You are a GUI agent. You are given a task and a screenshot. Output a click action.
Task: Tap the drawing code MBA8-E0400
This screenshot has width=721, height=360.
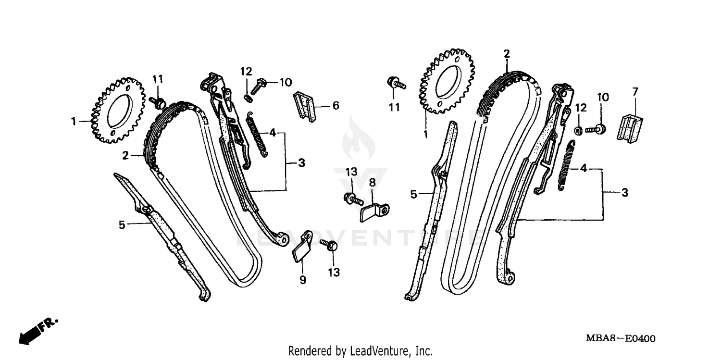619,339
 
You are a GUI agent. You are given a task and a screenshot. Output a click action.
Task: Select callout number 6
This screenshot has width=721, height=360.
336,105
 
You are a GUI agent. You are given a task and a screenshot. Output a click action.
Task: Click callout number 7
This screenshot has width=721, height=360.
634,91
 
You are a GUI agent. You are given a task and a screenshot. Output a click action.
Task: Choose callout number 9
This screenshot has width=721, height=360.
303,279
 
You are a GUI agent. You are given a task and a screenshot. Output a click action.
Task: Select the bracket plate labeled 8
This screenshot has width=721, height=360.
374,211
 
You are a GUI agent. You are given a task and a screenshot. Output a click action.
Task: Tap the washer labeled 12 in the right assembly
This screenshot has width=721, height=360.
579,129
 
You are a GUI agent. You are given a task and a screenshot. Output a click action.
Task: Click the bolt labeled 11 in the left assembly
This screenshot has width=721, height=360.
158,101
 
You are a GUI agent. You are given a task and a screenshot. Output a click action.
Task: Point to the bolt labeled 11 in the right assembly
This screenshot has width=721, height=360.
397,84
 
